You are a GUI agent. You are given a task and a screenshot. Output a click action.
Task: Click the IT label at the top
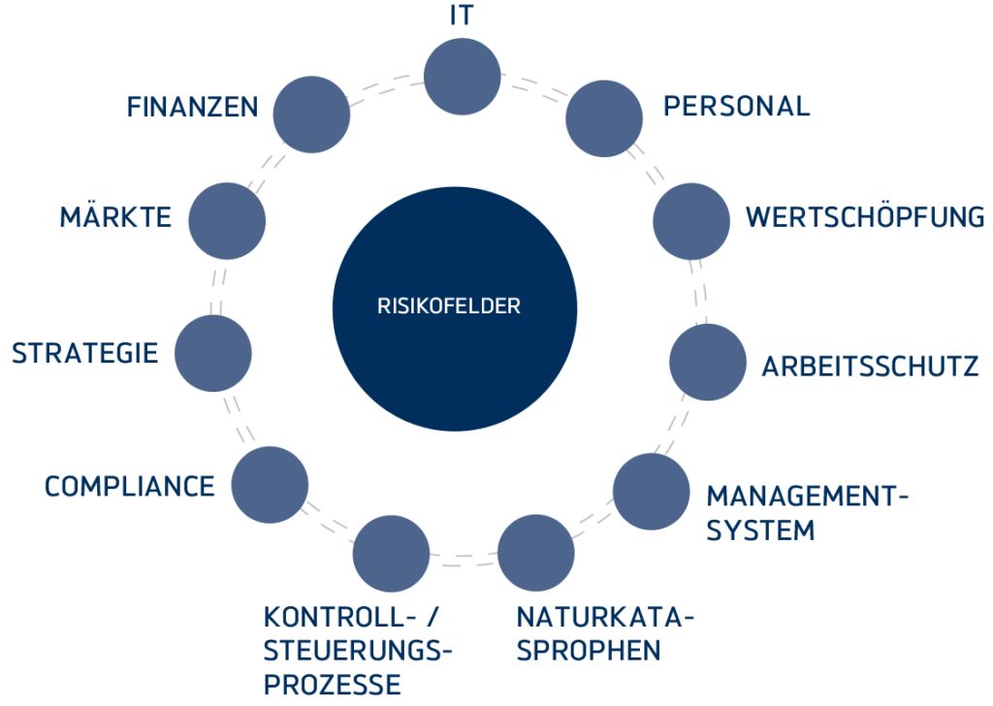pos(463,17)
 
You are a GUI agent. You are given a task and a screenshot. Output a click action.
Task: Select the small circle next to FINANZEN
pos(311,114)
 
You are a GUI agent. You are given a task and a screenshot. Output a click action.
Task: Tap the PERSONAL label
pos(736,107)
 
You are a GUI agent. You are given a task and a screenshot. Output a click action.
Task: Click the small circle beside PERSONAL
pos(603,118)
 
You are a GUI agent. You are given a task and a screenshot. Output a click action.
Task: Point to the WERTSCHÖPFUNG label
pos(865,216)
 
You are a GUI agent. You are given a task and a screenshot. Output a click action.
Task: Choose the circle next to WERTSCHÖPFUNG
pos(690,221)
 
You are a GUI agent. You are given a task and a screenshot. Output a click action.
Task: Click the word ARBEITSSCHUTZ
pos(870,367)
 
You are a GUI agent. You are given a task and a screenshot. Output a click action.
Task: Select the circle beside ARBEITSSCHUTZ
pos(708,362)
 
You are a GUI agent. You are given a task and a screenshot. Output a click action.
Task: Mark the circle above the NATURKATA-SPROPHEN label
pos(535,554)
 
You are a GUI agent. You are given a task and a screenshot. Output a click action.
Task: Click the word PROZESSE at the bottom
pos(333,685)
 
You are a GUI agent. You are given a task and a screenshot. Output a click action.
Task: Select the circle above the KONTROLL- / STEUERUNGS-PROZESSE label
pos(391,554)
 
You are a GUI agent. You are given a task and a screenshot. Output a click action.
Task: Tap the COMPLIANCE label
pos(129,486)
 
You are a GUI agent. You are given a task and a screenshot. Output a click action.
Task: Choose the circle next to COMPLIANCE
pos(270,485)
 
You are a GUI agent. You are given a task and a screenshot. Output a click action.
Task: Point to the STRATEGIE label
pos(84,353)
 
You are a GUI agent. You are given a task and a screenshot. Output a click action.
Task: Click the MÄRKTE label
pos(115,216)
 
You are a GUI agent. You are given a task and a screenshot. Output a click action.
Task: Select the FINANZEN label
pos(192,107)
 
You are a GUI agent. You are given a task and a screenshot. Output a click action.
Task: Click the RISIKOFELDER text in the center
pos(449,306)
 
